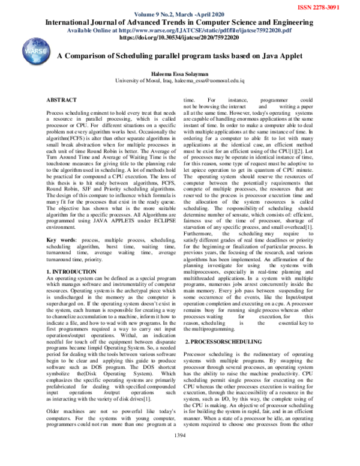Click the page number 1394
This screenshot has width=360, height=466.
[180, 451]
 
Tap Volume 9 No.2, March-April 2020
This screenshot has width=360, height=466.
[180, 13]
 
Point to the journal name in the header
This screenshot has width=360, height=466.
[181, 21]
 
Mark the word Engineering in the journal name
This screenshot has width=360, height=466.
[295, 21]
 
